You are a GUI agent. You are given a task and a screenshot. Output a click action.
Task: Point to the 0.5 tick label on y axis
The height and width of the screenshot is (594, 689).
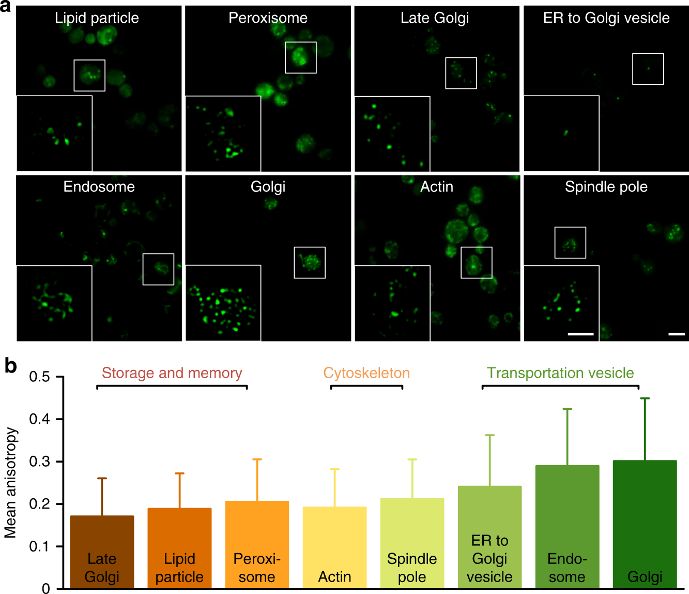coord(39,377)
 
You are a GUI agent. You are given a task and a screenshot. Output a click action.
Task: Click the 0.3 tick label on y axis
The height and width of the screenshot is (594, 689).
coord(39,462)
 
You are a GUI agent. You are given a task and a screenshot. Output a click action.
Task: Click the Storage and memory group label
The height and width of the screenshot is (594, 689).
coord(172,373)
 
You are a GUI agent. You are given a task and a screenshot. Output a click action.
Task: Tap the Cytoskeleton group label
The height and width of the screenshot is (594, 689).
coord(366,373)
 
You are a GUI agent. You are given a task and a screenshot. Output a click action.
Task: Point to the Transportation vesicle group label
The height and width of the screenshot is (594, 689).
coord(560,373)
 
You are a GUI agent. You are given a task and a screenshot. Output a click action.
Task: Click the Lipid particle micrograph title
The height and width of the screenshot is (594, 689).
coord(97,18)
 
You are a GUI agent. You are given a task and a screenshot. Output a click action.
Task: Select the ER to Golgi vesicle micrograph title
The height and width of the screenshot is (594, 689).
coord(606,18)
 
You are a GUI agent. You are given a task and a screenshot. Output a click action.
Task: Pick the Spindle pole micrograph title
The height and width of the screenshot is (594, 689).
coord(606,187)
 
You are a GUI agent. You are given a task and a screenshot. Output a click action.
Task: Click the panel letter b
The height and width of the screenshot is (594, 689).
coord(10,366)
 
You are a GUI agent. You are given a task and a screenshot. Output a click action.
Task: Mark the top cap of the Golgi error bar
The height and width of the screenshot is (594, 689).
coord(645,398)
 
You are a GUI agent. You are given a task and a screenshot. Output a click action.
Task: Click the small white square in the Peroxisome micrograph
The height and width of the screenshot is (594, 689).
coord(300,57)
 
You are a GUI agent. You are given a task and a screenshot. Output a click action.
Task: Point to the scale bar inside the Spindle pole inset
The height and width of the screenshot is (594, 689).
coord(580,334)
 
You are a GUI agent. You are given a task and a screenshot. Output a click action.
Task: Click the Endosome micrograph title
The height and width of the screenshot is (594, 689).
coord(99,187)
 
